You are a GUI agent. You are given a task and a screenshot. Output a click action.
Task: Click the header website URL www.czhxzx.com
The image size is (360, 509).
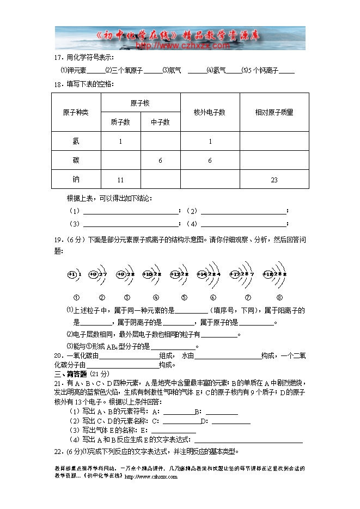point(180,46)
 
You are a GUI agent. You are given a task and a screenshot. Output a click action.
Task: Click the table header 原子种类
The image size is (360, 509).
point(75,113)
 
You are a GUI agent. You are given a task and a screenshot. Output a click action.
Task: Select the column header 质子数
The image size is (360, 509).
point(120,122)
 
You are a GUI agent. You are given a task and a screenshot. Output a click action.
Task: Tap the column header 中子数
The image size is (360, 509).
point(160,122)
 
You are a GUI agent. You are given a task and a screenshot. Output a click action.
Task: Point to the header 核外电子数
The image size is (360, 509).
point(210,113)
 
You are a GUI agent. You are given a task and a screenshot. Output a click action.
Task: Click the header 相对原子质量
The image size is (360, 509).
point(274,113)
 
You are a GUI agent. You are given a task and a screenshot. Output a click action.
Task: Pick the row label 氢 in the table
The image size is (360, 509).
point(75,142)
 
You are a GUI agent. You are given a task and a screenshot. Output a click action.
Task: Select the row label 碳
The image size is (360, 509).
point(75,161)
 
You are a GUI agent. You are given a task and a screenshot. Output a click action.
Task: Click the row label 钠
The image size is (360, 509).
point(75,180)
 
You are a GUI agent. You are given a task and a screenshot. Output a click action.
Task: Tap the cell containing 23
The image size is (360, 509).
point(274,180)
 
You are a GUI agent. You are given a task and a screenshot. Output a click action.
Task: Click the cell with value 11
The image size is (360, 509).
point(120,180)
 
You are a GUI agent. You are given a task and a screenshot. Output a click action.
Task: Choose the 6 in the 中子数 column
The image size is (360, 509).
point(160,161)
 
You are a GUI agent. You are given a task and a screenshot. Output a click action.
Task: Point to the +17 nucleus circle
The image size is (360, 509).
point(235,274)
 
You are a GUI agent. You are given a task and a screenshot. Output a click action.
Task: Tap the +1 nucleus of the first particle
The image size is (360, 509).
point(71,274)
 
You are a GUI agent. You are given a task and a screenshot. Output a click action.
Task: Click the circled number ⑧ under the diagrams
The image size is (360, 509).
point(279,297)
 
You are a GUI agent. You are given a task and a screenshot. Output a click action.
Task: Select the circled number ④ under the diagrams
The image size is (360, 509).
point(156,297)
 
